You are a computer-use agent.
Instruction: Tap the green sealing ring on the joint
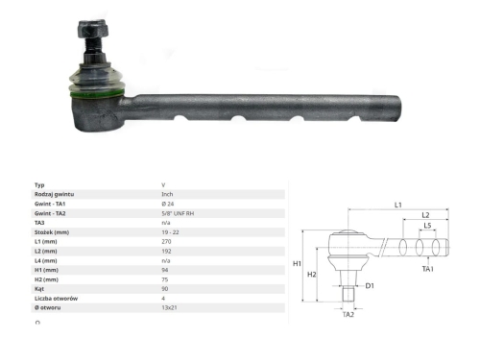pyautogui.click(x=97, y=94)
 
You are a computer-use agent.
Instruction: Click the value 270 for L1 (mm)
pyautogui.click(x=166, y=242)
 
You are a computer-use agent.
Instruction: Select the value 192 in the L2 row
pyautogui.click(x=166, y=252)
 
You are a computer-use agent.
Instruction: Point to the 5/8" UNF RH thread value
pyautogui.click(x=178, y=213)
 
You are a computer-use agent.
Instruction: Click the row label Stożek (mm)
pyautogui.click(x=52, y=232)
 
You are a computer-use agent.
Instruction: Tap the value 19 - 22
pyautogui.click(x=170, y=232)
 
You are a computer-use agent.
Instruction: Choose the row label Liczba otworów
pyautogui.click(x=56, y=299)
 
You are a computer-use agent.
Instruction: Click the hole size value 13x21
pyautogui.click(x=169, y=307)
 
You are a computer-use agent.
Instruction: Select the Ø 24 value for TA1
pyautogui.click(x=168, y=204)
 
